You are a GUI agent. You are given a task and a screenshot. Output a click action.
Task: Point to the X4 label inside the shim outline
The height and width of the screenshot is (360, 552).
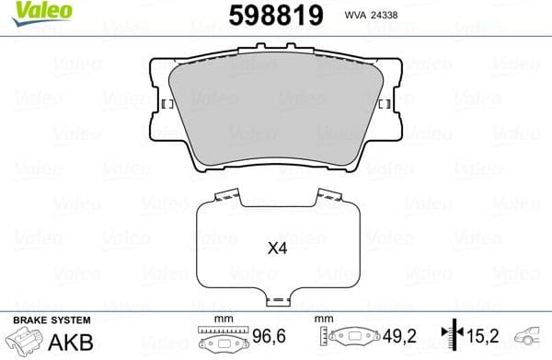(x=277, y=248)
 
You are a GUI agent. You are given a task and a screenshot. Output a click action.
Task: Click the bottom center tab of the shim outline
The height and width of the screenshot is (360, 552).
(x=277, y=300)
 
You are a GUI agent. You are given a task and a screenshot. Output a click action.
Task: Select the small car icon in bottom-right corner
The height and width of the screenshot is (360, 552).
(x=532, y=338)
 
